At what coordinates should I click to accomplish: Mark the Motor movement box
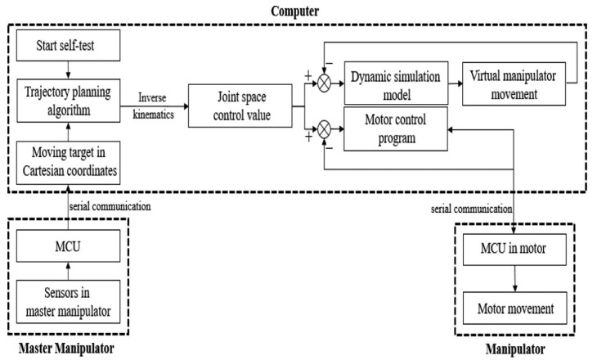click(x=514, y=309)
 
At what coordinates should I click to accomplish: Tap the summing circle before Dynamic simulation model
click(x=324, y=83)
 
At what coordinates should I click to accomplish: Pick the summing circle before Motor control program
click(x=324, y=128)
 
